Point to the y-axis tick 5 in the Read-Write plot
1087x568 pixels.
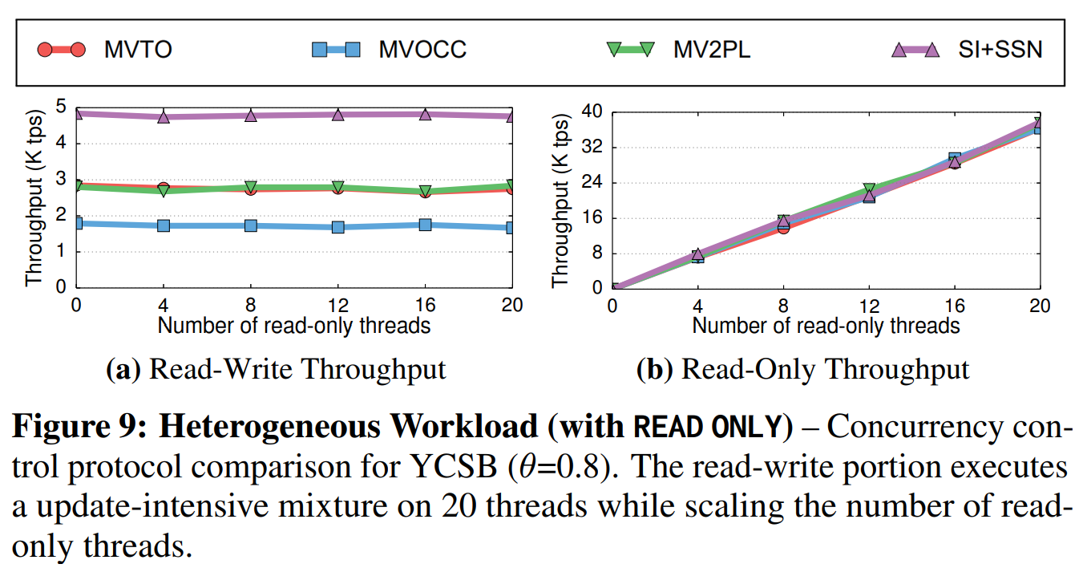pyautogui.click(x=60, y=108)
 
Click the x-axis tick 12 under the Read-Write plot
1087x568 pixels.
pyautogui.click(x=337, y=306)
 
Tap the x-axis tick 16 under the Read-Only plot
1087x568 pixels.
pyautogui.click(x=954, y=306)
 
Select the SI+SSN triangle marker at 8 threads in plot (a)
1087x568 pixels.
pyautogui.click(x=251, y=116)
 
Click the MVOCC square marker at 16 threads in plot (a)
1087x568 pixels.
pyautogui.click(x=425, y=225)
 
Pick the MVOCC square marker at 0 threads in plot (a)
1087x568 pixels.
pyautogui.click(x=77, y=223)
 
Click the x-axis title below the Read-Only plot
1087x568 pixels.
pyautogui.click(x=826, y=325)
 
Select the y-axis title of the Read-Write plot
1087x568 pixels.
pyautogui.click(x=33, y=197)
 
